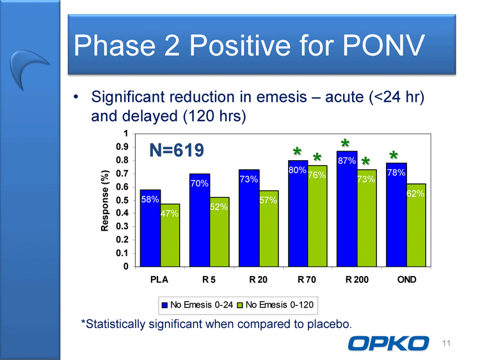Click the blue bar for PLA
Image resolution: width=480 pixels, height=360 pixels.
(150, 228)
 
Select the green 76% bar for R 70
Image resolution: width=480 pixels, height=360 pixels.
(317, 216)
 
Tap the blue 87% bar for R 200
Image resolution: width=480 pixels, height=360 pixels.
(347, 209)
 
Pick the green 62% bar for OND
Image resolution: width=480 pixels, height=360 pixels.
(416, 225)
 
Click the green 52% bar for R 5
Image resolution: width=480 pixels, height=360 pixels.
(219, 232)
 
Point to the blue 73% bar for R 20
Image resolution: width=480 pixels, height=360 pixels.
(249, 218)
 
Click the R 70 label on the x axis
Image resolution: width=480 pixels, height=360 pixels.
(307, 279)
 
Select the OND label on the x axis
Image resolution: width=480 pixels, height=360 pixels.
(407, 279)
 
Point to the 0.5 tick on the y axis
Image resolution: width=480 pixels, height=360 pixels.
(122, 200)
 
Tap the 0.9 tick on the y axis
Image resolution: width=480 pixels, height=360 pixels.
(122, 147)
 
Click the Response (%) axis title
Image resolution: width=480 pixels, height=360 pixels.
(105, 200)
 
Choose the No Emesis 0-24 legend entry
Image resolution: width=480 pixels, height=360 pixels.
(198, 305)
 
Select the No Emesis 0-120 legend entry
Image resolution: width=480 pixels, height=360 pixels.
(275, 305)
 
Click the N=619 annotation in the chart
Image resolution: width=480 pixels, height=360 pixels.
(177, 150)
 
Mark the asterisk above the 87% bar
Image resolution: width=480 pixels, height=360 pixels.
(345, 143)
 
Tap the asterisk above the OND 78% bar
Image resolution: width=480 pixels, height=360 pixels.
(394, 155)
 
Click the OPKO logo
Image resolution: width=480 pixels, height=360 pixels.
(388, 343)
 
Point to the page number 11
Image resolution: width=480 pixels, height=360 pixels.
(446, 343)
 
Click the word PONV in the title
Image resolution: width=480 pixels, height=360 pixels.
(383, 45)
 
